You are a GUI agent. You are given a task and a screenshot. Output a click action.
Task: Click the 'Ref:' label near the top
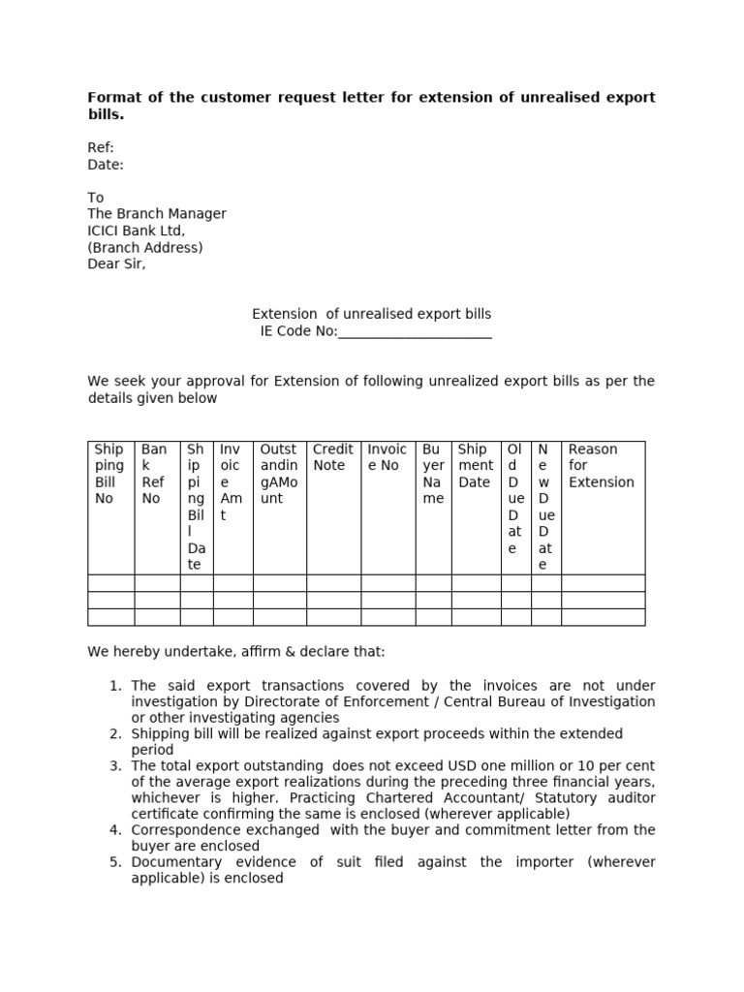(101, 148)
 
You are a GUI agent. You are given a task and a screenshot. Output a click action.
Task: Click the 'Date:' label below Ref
(106, 165)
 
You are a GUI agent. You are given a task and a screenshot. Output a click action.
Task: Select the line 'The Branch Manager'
(157, 214)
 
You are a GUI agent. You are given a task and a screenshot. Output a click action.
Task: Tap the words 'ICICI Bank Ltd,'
(136, 231)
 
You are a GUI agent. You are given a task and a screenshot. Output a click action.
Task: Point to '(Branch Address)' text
(145, 247)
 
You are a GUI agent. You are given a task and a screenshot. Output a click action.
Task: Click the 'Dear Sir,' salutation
(116, 263)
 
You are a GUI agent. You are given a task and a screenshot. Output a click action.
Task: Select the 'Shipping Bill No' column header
(109, 474)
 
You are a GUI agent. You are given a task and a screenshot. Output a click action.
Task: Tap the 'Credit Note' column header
(332, 457)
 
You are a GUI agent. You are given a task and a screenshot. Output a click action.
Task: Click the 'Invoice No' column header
(387, 457)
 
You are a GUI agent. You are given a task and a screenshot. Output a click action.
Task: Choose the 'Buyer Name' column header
(433, 474)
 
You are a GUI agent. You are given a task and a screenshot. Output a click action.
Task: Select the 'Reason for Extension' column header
(601, 465)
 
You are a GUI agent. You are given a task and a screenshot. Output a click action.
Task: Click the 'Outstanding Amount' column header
(278, 474)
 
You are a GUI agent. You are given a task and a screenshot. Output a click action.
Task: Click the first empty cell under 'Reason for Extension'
(603, 583)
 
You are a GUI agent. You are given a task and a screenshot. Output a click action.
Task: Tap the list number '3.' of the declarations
(115, 766)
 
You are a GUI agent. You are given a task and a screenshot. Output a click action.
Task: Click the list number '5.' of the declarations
(115, 862)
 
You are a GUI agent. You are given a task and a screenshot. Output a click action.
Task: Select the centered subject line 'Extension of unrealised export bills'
(371, 314)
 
